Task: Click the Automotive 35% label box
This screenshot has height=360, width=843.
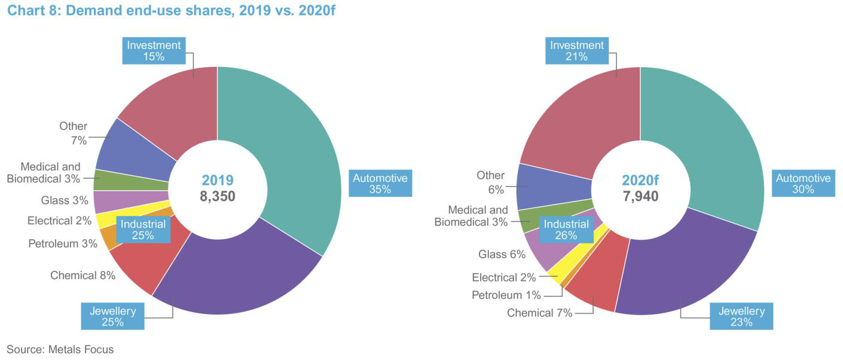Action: [x=380, y=184]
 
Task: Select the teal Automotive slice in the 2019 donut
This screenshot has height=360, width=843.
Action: [x=287, y=150]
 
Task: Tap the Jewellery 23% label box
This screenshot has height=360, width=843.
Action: [x=741, y=316]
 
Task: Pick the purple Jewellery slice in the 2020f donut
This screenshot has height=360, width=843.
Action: [x=688, y=269]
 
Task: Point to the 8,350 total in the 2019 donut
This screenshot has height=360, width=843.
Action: [x=218, y=196]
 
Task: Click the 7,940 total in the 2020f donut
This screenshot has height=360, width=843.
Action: [x=640, y=196]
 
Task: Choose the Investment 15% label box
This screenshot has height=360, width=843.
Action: [x=154, y=51]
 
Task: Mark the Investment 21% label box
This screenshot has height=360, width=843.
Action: [x=577, y=51]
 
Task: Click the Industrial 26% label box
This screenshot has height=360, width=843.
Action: [x=566, y=230]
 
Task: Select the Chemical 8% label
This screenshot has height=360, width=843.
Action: [x=83, y=276]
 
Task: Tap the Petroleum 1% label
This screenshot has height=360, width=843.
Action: [x=506, y=295]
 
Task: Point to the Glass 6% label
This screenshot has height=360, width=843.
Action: [x=502, y=254]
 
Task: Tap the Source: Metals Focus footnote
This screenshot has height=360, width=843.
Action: [x=60, y=349]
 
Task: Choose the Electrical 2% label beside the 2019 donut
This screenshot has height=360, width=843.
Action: [x=59, y=221]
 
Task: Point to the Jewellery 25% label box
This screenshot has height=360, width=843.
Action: [x=112, y=316]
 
